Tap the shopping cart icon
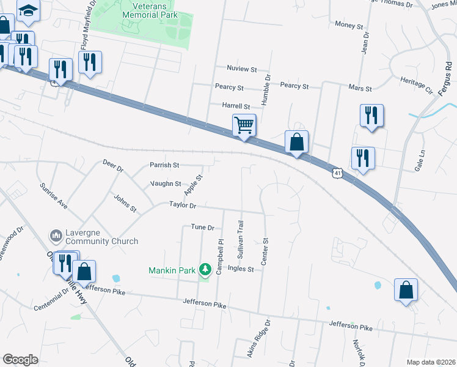click(x=244, y=125)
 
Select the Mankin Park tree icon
click(x=207, y=269)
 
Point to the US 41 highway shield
click(x=337, y=173)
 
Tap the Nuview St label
click(x=241, y=70)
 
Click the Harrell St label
click(x=236, y=106)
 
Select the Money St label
click(x=349, y=24)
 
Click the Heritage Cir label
click(x=416, y=86)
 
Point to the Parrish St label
click(x=164, y=165)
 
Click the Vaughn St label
click(x=166, y=183)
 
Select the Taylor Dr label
click(x=183, y=206)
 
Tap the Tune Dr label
click(x=203, y=228)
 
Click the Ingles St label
click(x=241, y=269)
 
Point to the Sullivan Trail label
click(x=241, y=235)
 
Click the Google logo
click(x=20, y=360)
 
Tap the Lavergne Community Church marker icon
click(x=56, y=235)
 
